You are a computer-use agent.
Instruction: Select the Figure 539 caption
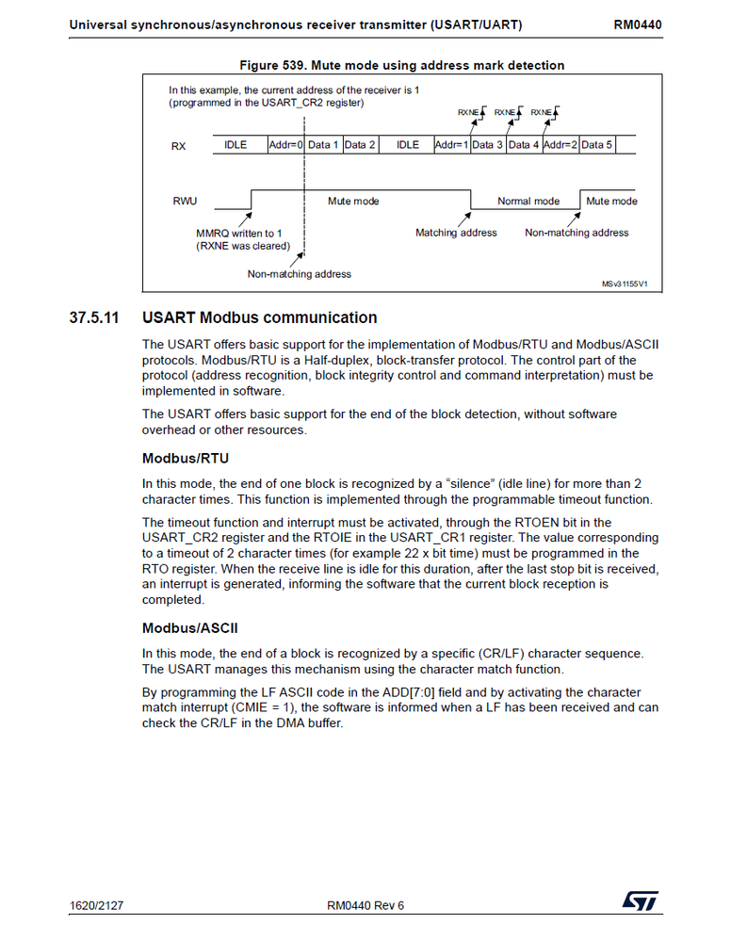pos(402,65)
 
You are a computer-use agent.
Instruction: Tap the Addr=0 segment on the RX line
pos(285,145)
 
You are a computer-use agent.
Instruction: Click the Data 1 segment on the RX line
pos(323,145)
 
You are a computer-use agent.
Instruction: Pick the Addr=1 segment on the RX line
pos(451,145)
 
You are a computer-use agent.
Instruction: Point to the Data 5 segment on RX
pos(597,145)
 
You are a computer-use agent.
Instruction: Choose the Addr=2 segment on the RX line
pos(560,145)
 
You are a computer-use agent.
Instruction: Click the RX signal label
pos(178,146)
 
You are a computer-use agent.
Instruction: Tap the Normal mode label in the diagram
pos(528,202)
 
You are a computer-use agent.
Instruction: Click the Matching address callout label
pos(456,233)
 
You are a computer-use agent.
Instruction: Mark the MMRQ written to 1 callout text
pos(239,233)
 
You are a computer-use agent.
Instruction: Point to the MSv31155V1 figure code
pos(625,283)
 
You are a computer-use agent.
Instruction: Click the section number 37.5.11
pos(94,317)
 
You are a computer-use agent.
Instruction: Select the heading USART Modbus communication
pos(259,317)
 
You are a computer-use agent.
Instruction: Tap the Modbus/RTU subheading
pos(185,459)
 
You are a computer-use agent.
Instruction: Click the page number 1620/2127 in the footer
pos(97,905)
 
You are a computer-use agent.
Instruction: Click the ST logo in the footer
pos(640,901)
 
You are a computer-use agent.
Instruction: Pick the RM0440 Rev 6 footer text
pos(365,905)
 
